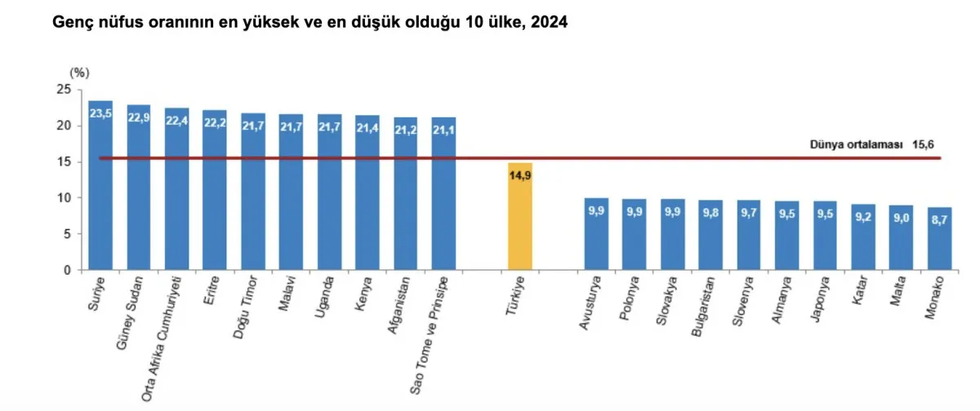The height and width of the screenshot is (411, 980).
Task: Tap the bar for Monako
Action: pos(940,241)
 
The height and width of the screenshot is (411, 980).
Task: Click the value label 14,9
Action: pos(520,173)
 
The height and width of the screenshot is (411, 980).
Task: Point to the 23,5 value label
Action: pos(100,113)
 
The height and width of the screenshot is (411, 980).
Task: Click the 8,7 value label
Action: pos(940,219)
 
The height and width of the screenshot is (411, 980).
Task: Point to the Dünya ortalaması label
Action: pos(857,144)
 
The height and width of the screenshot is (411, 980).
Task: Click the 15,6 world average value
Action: pos(924,144)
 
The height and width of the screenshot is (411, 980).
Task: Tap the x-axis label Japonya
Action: pos(818,301)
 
